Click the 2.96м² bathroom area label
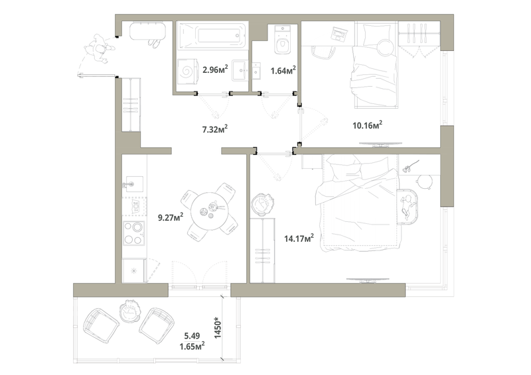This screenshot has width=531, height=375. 215,70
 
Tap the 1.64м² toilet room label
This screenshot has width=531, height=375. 283,70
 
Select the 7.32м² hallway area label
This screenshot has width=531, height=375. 214,129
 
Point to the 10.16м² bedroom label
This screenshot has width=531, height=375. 368,125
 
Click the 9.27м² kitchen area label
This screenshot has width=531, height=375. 171,217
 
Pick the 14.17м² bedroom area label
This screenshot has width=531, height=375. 299,238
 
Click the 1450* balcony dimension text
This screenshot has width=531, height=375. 218,328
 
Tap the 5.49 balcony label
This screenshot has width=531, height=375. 192,336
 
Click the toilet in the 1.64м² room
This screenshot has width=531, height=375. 282,39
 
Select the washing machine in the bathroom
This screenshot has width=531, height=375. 187,70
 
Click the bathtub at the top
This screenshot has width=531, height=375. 212,36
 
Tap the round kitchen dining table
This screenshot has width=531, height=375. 210,211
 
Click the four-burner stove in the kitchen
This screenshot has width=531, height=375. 133,233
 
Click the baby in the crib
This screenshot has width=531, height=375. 408,205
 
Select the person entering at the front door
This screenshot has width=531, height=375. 100,49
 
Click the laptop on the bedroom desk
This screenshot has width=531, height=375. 339,34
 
